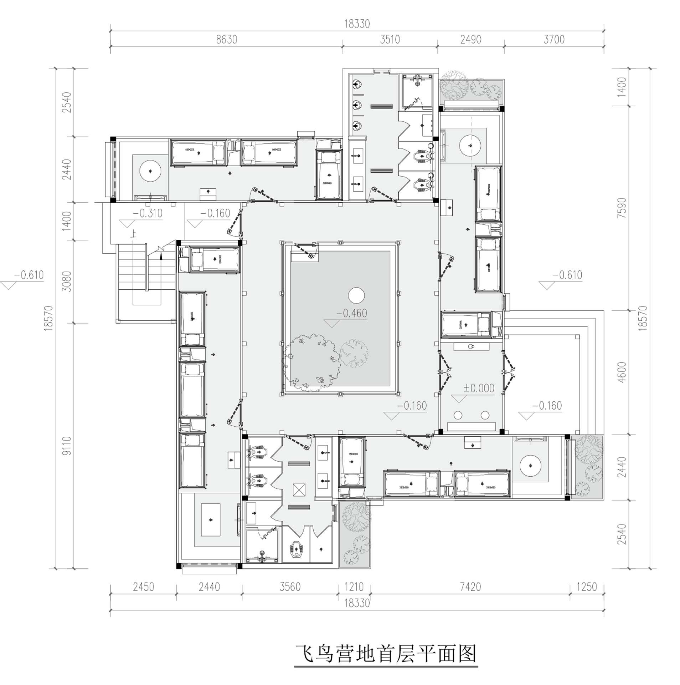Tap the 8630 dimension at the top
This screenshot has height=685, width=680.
point(226,39)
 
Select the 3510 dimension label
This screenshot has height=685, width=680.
point(390,39)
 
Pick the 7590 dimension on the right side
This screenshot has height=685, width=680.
point(622,208)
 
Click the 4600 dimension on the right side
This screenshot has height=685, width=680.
point(622,372)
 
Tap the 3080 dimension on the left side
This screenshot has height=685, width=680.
point(67,281)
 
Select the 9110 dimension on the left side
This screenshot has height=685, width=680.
point(67,446)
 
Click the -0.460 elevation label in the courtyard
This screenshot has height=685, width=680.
point(352,313)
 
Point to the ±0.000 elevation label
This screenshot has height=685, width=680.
point(479,388)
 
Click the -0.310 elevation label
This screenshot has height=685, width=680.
point(148,213)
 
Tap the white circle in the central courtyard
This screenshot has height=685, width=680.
point(356,295)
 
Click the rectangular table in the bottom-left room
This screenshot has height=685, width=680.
point(210,519)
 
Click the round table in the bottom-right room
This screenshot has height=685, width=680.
point(530,466)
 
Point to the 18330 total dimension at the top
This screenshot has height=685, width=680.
point(357,24)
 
